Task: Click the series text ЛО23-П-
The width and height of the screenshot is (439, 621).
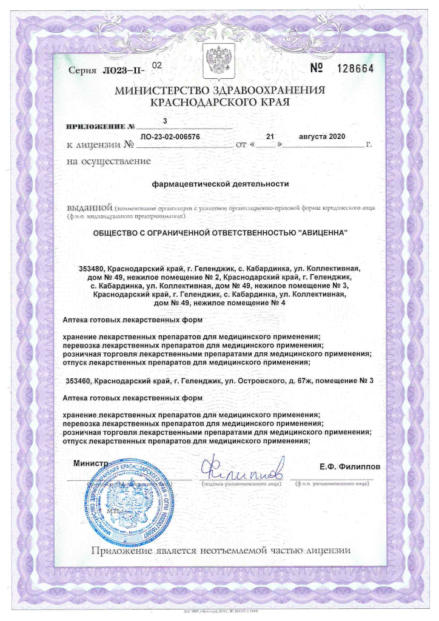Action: pyautogui.click(x=124, y=71)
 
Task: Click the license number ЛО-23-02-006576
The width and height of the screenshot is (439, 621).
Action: pyautogui.click(x=170, y=137)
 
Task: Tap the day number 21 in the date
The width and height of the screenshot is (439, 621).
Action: pyautogui.click(x=270, y=136)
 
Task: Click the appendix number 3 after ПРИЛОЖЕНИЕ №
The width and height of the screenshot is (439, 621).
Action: pyautogui.click(x=164, y=121)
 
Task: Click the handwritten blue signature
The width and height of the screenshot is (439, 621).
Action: pyautogui.click(x=243, y=469)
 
